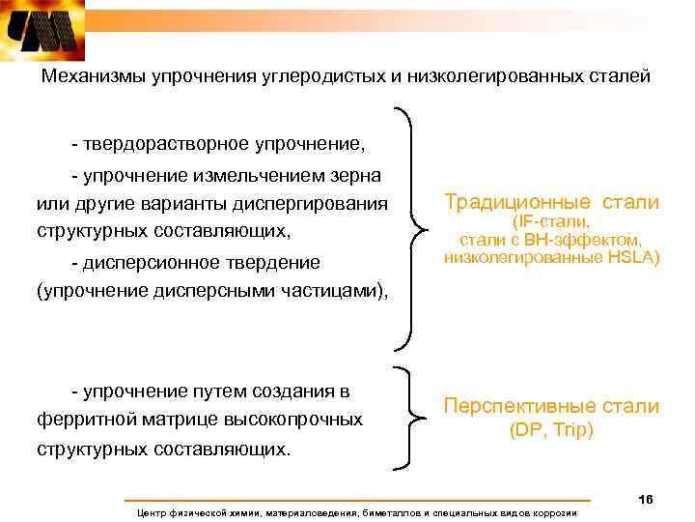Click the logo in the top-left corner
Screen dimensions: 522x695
pos(43,32)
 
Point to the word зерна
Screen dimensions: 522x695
pos(356,176)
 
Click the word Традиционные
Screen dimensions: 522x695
pos(518,202)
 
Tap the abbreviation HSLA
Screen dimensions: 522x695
pos(632,257)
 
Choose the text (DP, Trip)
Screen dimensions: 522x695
pos(551,430)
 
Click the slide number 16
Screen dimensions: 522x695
pos(646,499)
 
